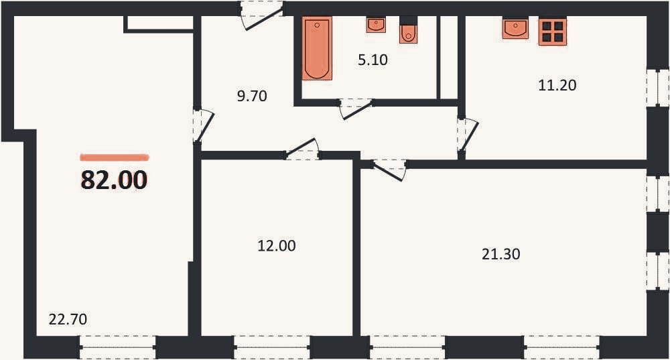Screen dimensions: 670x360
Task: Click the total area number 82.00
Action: (x=114, y=180)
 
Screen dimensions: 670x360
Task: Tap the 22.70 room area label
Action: (x=68, y=319)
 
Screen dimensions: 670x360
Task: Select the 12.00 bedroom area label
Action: (x=277, y=246)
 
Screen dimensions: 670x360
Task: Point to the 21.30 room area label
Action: (x=500, y=254)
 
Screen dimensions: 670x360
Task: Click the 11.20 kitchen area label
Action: (x=557, y=86)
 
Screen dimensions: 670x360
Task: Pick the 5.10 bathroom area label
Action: (x=373, y=60)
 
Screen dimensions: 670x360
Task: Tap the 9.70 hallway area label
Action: (x=252, y=96)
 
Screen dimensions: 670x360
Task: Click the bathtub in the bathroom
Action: (x=317, y=48)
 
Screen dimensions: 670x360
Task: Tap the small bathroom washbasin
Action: (x=376, y=25)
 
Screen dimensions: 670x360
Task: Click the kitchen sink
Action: (x=515, y=28)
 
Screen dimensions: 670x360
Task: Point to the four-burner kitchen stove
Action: (x=553, y=32)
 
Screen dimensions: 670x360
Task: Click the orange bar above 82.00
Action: (x=115, y=158)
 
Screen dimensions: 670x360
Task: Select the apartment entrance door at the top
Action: (x=261, y=16)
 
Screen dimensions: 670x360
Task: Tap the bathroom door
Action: (x=356, y=108)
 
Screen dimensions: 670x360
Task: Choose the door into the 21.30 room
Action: (x=389, y=170)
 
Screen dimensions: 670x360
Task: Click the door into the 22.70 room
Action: (x=203, y=126)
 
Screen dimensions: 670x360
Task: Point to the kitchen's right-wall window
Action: (x=657, y=88)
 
